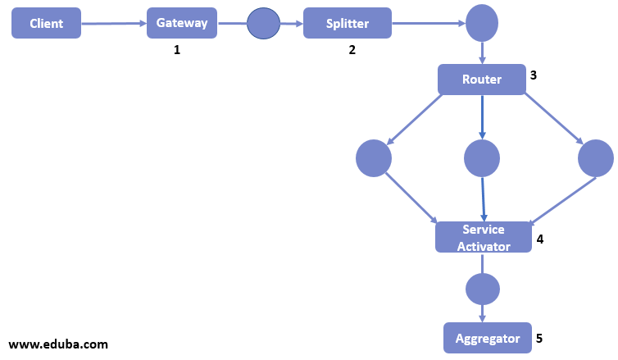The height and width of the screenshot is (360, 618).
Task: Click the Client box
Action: (x=47, y=23)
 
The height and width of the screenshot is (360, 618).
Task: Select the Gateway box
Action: (x=182, y=23)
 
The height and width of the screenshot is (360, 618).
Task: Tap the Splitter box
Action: (x=348, y=23)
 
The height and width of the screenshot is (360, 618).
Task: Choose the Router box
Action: (x=481, y=80)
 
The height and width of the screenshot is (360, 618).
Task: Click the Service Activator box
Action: (x=483, y=237)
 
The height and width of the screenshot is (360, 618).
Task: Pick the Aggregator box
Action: (x=488, y=337)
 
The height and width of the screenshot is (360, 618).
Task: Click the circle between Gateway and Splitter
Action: (x=264, y=23)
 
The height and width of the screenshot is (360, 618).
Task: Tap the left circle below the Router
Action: (x=374, y=158)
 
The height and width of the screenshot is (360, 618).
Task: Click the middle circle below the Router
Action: (x=481, y=158)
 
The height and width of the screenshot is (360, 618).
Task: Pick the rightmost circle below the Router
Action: (x=595, y=158)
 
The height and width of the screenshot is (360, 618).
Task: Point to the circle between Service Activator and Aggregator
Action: (x=482, y=289)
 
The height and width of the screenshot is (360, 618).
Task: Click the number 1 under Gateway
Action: (x=176, y=50)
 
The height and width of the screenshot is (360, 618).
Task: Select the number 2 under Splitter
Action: (x=352, y=50)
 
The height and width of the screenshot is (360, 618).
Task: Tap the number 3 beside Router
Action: (x=534, y=75)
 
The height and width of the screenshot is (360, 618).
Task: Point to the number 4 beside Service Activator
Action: (x=539, y=239)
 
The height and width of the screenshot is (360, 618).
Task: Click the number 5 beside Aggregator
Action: (x=538, y=337)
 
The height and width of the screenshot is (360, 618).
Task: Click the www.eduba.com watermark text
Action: (x=58, y=344)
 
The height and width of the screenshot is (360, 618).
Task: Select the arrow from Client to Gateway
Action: (x=114, y=24)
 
